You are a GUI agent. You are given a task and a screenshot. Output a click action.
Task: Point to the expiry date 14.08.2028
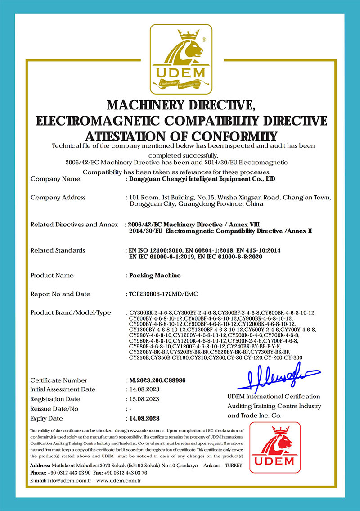(144, 418)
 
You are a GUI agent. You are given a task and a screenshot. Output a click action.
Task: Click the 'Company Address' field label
(58, 198)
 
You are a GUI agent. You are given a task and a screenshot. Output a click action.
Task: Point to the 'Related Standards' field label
(58, 250)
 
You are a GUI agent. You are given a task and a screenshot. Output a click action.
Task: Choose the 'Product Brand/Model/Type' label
(71, 312)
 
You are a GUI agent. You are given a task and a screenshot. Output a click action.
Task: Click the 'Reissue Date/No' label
(54, 409)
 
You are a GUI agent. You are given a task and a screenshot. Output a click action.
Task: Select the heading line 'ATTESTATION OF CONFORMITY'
(181, 136)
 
